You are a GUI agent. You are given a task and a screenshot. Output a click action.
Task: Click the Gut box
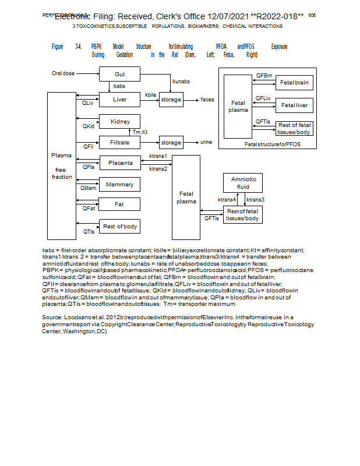point(119,74)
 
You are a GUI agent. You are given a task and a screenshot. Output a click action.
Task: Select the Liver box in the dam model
point(119,100)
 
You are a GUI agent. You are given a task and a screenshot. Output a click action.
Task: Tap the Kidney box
point(119,121)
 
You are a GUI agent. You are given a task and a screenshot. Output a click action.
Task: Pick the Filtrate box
point(119,142)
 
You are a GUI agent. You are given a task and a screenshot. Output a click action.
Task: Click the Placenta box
point(120,163)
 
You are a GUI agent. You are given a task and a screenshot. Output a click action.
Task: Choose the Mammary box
point(119,185)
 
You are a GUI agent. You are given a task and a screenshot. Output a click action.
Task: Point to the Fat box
point(119,204)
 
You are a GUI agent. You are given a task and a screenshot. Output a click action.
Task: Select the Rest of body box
point(120,226)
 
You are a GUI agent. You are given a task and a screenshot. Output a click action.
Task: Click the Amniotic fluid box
point(243,183)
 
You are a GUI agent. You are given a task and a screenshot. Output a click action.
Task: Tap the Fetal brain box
point(294,83)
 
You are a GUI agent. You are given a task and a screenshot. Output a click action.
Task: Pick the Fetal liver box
point(294,105)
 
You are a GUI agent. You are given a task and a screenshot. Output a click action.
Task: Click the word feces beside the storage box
point(207,100)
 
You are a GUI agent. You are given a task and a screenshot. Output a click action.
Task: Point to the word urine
point(206,142)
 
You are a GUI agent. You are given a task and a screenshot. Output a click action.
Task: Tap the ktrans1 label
point(158,156)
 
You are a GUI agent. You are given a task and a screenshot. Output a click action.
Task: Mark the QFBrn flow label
point(263,76)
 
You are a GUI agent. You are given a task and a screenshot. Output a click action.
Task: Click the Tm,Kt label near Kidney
point(140,132)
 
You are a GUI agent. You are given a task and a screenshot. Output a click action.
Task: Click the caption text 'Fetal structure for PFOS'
point(273,144)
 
